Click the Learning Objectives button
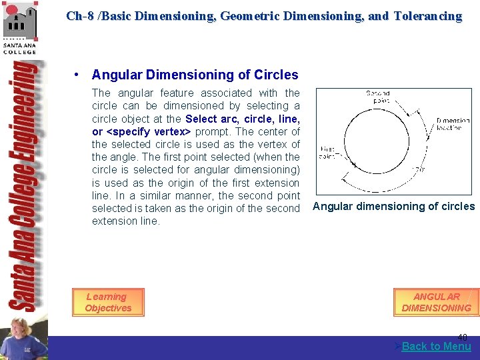click(107, 302)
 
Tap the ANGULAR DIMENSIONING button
click(436, 302)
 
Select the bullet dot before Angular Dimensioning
click(79, 75)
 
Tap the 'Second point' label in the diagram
click(377, 97)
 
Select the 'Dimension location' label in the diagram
click(453, 124)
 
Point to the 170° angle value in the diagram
click(421, 169)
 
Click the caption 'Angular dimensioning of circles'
click(393, 206)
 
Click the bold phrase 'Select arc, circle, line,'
click(243, 119)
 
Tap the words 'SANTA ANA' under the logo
click(20, 45)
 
